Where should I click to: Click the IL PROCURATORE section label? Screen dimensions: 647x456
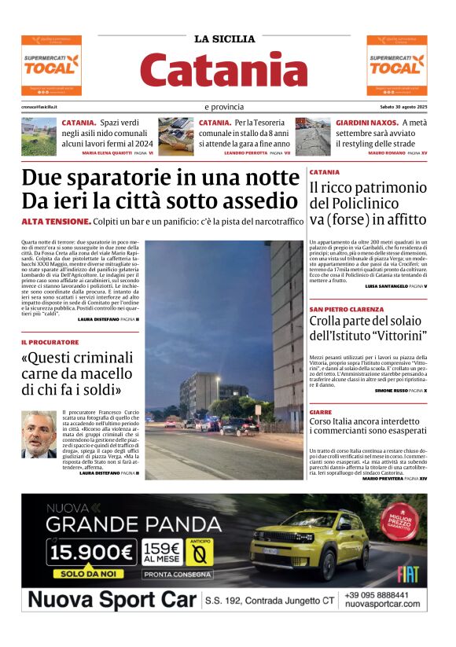click(50, 343)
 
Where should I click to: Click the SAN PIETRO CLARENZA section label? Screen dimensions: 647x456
click(347, 310)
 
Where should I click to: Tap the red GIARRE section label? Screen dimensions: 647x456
click(321, 411)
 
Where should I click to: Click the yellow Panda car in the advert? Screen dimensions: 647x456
click(311, 542)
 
